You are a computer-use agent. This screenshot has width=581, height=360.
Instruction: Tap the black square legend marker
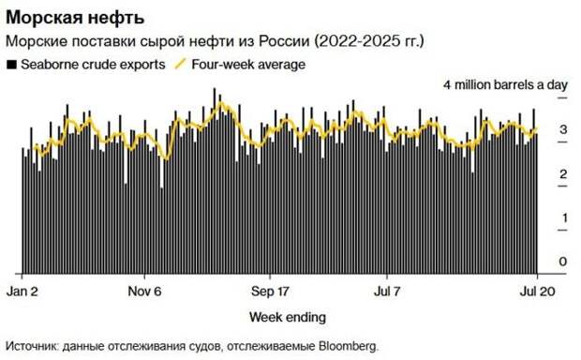[x=11, y=65]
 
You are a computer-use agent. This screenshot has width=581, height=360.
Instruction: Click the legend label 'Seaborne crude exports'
[x=92, y=65]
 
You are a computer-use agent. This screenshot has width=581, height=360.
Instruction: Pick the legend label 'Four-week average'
[x=247, y=65]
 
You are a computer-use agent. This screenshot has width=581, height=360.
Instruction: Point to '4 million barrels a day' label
[x=506, y=84]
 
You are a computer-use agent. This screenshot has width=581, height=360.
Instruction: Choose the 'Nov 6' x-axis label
[x=145, y=289]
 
